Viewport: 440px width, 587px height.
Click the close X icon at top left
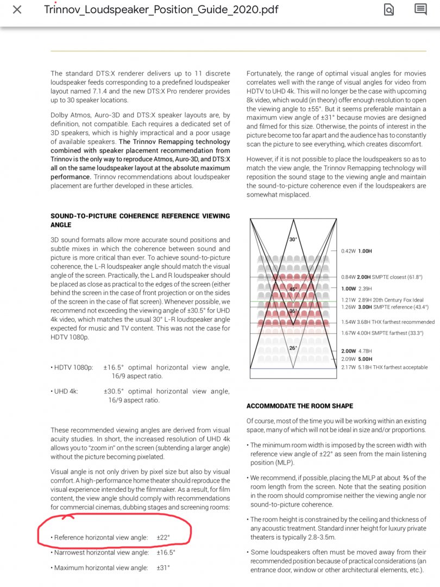(x=17, y=9)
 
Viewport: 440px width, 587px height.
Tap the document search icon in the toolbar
(x=389, y=9)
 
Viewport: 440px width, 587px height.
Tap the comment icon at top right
(x=420, y=9)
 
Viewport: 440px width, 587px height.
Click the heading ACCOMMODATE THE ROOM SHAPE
(x=299, y=406)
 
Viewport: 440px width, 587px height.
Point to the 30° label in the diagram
(x=293, y=239)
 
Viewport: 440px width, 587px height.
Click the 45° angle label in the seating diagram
(x=293, y=289)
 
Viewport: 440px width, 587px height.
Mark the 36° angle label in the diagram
(x=293, y=311)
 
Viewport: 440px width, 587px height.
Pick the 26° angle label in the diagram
(x=293, y=348)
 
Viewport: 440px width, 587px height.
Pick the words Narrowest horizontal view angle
(x=101, y=552)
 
